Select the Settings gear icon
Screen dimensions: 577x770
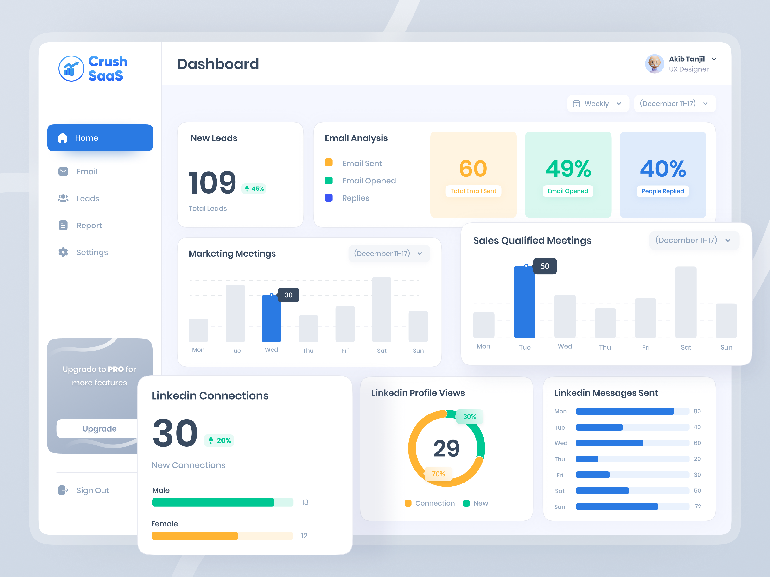pyautogui.click(x=63, y=252)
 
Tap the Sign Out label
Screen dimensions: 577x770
pyautogui.click(x=93, y=490)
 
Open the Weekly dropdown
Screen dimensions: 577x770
pyautogui.click(x=598, y=104)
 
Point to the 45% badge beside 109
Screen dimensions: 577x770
pyautogui.click(x=254, y=189)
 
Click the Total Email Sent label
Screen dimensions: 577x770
pyautogui.click(x=473, y=191)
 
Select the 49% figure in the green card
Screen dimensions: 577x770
pyautogui.click(x=568, y=169)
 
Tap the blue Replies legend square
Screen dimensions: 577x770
pyautogui.click(x=329, y=198)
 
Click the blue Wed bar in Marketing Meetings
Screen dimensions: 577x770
pyautogui.click(x=271, y=318)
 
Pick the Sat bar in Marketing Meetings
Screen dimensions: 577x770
pyautogui.click(x=382, y=309)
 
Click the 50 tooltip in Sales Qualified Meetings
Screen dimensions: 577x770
pyautogui.click(x=545, y=266)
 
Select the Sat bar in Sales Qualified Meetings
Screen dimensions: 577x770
pyautogui.click(x=686, y=302)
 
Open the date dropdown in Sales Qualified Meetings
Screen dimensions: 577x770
pyautogui.click(x=694, y=240)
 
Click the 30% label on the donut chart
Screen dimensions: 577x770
pyautogui.click(x=469, y=417)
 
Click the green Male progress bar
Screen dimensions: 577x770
pyautogui.click(x=213, y=502)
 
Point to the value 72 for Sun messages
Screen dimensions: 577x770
pyautogui.click(x=698, y=507)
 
